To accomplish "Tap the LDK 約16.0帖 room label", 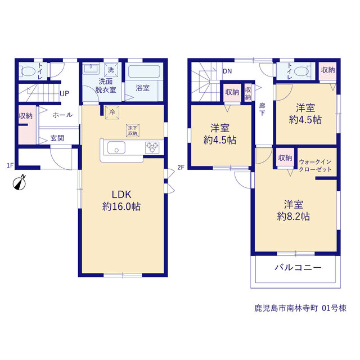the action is (x=121, y=200).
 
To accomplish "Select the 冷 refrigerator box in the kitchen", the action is (x=112, y=112).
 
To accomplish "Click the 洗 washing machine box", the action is (x=111, y=70).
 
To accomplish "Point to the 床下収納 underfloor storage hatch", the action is (x=133, y=130).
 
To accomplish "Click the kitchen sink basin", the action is (x=116, y=147).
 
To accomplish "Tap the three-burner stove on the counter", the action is (x=152, y=147).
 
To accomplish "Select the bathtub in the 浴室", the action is (x=144, y=72).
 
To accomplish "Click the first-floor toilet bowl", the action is (x=28, y=71).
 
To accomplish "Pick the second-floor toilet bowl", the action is (x=301, y=71).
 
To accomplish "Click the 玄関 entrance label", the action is (x=57, y=138).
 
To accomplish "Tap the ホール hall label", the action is (x=62, y=115).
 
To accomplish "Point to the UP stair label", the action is (x=64, y=93).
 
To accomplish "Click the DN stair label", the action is (x=227, y=71).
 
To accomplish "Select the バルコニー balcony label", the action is (x=298, y=268).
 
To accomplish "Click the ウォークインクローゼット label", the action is (x=315, y=166).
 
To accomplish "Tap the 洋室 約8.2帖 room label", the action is (x=294, y=210).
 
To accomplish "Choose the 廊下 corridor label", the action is (x=262, y=109).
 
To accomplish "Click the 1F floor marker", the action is (x=10, y=165).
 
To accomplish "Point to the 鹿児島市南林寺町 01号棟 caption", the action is (x=300, y=308).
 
